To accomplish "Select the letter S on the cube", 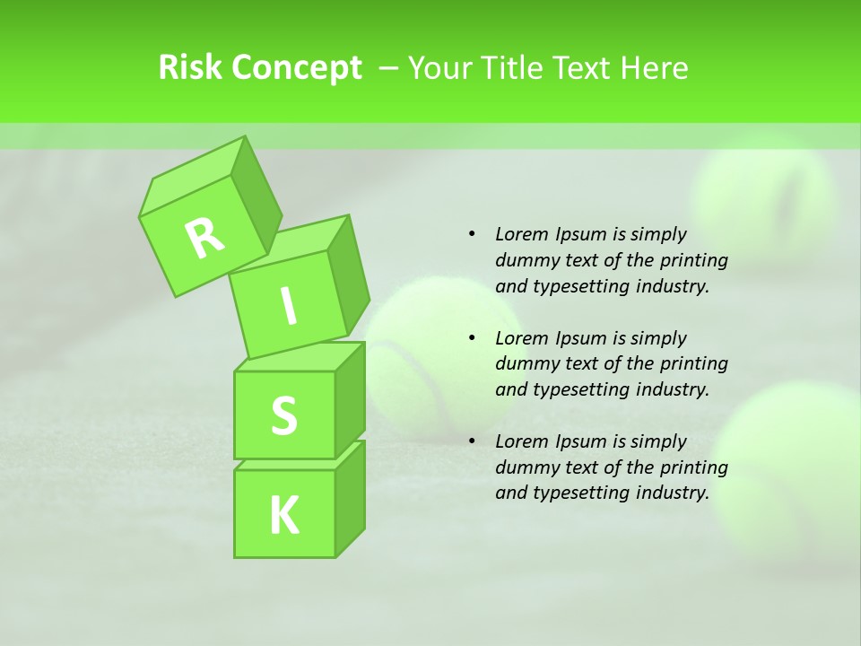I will (283, 415).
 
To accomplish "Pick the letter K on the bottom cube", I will (283, 515).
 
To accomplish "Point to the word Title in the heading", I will (514, 67).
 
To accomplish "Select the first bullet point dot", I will (472, 234).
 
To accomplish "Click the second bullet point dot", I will (472, 338).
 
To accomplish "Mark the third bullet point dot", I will (472, 441).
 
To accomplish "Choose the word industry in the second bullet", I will (673, 389).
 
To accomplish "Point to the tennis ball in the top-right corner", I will (767, 202).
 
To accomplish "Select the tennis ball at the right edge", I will (789, 467).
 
